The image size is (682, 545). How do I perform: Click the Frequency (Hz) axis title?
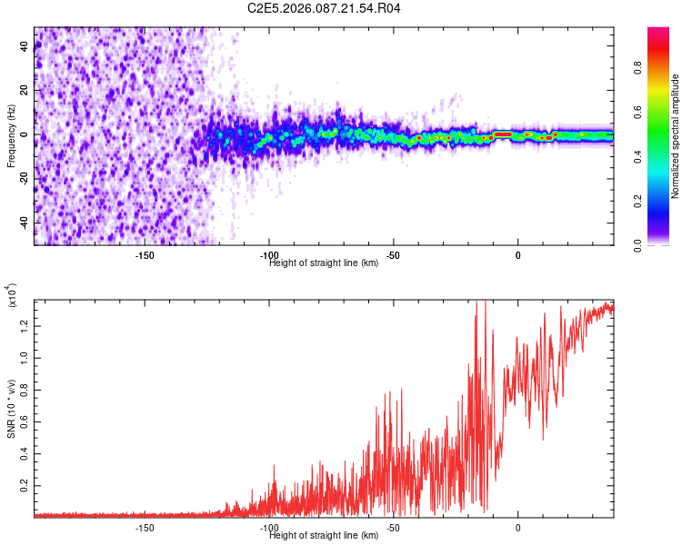[x=11, y=135]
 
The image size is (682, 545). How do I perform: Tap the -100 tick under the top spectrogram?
[x=269, y=255]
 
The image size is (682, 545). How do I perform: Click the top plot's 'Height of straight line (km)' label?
[x=324, y=263]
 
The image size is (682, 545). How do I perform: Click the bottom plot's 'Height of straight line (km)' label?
[x=324, y=535]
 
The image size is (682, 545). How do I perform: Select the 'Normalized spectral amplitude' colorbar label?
[x=676, y=136]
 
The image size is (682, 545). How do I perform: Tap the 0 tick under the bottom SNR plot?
[x=518, y=527]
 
